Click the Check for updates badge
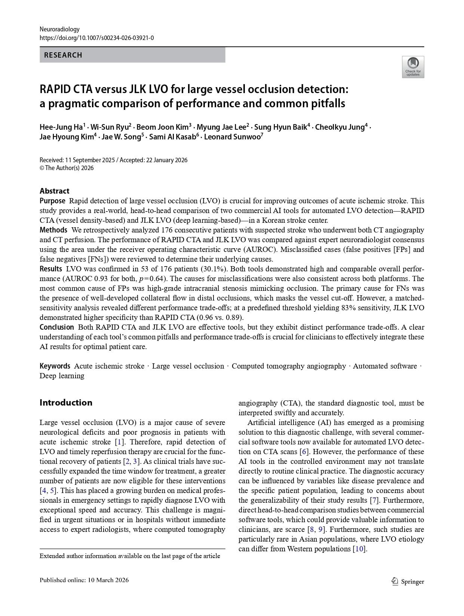pos(413,67)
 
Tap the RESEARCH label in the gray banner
pos(63,55)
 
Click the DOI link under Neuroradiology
pos(96,38)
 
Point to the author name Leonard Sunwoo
pos(233,137)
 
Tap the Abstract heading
pos(55,191)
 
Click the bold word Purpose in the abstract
pos(52,201)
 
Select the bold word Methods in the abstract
pos(53,230)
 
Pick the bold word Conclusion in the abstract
pos(57,327)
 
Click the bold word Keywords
pos(55,366)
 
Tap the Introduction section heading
pos(66,403)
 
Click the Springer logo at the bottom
pos(408,581)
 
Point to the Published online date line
pos(84,580)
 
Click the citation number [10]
pos(360,549)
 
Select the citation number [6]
pos(304,452)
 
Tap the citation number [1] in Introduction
pos(120,442)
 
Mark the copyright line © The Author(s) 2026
pos(67,168)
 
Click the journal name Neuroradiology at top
pos(59,29)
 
